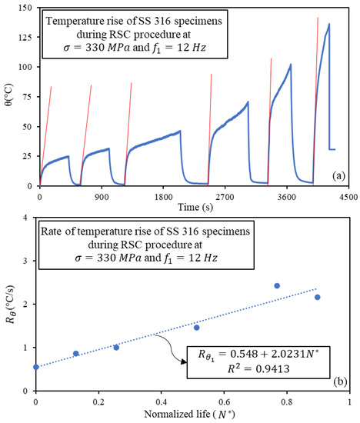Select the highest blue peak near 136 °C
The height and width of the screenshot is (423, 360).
pyautogui.click(x=329, y=24)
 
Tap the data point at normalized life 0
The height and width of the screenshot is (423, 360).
pyautogui.click(x=36, y=367)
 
